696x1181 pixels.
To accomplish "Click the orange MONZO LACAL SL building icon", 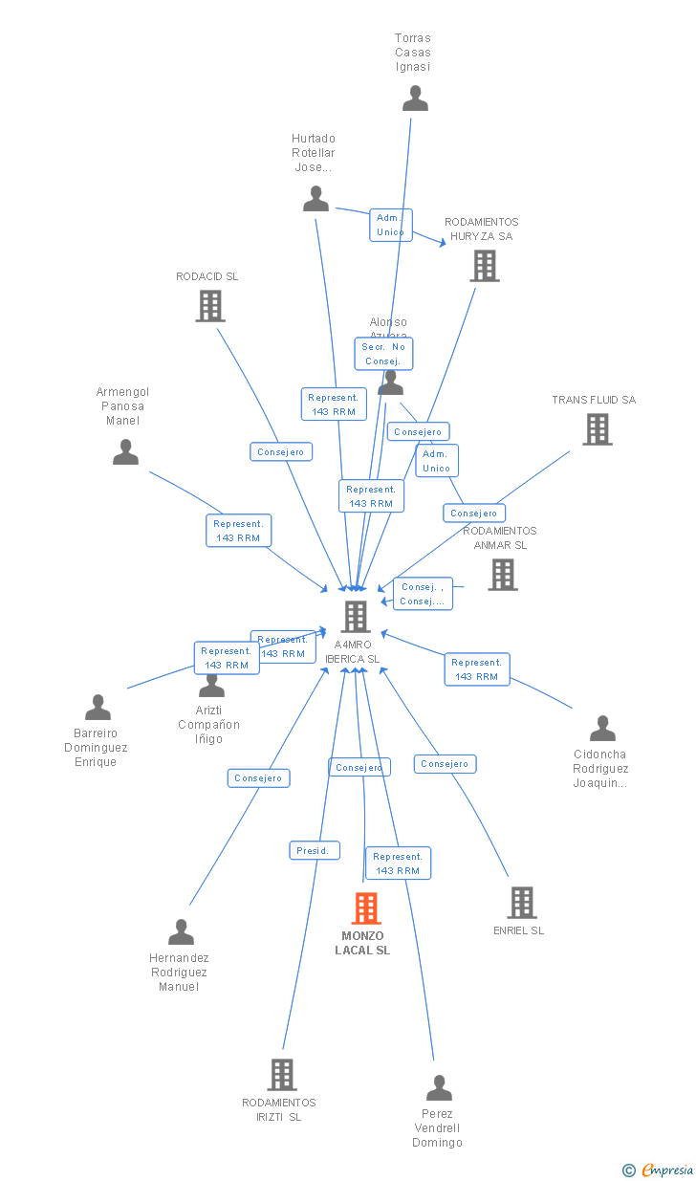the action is (x=365, y=908).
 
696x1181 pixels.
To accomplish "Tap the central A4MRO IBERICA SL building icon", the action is (x=356, y=617).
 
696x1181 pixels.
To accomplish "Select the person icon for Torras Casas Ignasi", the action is (x=415, y=98).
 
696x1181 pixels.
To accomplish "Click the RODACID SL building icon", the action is (x=209, y=306).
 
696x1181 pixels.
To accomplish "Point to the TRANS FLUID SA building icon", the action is (x=598, y=429).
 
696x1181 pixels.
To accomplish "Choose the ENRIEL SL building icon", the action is (x=521, y=902).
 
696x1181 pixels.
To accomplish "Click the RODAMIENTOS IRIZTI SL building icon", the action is (x=281, y=1075).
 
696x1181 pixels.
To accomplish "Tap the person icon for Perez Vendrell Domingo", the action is (x=439, y=1088).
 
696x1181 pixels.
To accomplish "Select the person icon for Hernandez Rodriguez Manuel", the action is (x=181, y=932).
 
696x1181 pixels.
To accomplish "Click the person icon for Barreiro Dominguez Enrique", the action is (x=98, y=708).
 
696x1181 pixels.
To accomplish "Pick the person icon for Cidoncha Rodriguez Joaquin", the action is (x=602, y=729).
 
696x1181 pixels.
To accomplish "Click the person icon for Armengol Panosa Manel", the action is (x=125, y=452).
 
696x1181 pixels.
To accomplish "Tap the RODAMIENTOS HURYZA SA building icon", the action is (x=485, y=266).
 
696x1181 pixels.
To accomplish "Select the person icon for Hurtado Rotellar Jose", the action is (x=315, y=199).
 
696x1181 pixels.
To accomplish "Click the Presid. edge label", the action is (x=314, y=850).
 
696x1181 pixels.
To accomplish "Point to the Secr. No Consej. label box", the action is (x=384, y=354).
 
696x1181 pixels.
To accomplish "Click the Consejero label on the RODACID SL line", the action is (x=281, y=451).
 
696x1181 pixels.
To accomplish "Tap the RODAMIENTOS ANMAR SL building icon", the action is (x=502, y=575).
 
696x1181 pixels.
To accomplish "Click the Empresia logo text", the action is (x=667, y=1170).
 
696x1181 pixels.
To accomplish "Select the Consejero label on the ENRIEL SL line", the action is (x=445, y=764).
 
